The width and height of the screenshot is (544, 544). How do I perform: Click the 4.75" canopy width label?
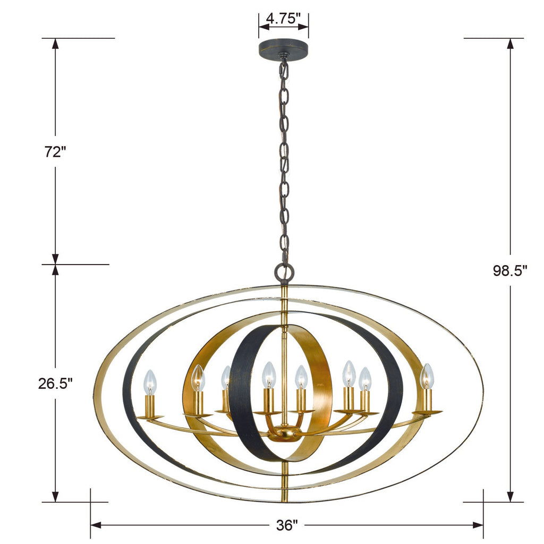click(x=283, y=19)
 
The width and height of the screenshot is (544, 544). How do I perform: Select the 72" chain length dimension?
click(x=55, y=151)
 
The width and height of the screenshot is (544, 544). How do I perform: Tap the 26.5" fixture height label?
click(x=55, y=383)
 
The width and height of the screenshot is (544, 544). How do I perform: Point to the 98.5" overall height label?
click(x=509, y=271)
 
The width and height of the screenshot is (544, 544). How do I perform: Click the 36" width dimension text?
click(x=287, y=525)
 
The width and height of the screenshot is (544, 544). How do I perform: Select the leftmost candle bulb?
click(x=151, y=381)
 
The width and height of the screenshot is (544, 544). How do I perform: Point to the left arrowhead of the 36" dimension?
click(x=95, y=525)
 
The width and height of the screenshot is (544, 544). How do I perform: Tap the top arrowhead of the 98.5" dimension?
click(x=510, y=43)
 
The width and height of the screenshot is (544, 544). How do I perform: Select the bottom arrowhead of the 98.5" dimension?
click(x=510, y=497)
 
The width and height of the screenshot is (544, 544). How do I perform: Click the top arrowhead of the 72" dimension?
click(x=55, y=43)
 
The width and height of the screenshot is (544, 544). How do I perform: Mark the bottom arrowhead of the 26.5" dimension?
click(x=55, y=497)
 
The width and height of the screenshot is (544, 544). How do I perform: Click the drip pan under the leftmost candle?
click(x=150, y=418)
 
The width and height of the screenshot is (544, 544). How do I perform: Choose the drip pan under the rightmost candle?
click(x=427, y=412)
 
